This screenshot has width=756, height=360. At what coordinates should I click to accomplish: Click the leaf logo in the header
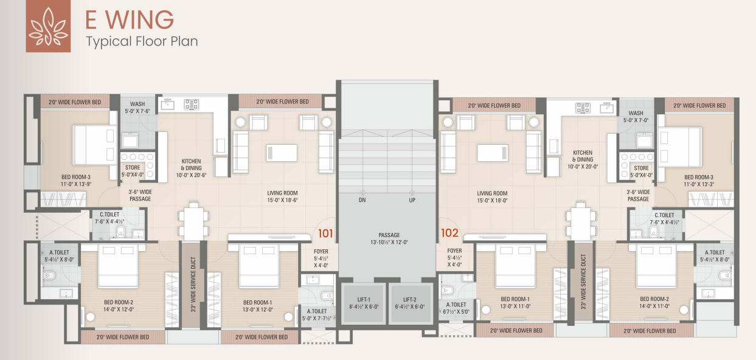pos(48,26)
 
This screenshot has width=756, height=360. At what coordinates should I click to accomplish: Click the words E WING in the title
pos(130,19)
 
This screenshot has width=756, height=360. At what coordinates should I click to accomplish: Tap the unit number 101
pos(325,234)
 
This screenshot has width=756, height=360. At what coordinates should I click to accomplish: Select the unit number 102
pos(449,233)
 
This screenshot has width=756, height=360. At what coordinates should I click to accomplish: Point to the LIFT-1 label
pos(364,300)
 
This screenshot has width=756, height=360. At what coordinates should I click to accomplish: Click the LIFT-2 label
pos(410,300)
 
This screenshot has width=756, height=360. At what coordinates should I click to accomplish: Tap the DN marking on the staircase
pos(362,200)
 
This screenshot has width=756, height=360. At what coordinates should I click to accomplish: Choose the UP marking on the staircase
pos(412,200)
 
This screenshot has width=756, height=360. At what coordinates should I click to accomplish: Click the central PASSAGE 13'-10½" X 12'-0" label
pos(389,238)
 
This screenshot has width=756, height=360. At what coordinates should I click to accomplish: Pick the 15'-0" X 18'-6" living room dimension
pos(282,200)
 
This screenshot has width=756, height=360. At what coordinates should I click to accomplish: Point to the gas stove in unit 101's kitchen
pos(192,104)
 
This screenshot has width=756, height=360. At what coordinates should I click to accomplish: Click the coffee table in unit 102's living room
pos(493,153)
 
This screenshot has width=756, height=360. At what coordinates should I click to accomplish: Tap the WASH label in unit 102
pos(636,113)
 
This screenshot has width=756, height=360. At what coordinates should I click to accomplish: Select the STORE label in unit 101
pos(133,168)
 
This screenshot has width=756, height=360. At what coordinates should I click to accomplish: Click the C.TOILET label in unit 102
pos(664,215)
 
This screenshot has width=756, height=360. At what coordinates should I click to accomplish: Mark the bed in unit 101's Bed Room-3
pos(94,145)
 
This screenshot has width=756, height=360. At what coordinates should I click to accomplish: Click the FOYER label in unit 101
pos(321,252)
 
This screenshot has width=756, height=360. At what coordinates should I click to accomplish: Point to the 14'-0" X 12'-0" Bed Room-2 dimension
pos(119,310)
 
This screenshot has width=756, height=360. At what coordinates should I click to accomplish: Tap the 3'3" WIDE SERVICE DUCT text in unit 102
pos(583,282)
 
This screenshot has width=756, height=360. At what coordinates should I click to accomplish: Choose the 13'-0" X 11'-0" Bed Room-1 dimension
pos(515,306)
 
